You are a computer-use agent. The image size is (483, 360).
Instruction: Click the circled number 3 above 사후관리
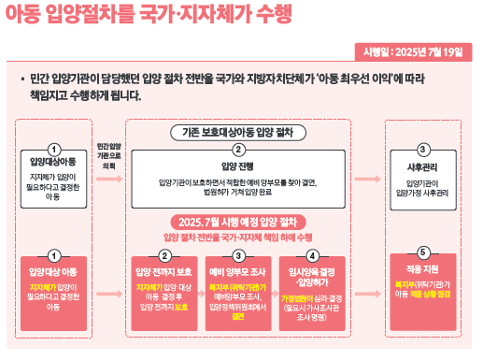[423, 150]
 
